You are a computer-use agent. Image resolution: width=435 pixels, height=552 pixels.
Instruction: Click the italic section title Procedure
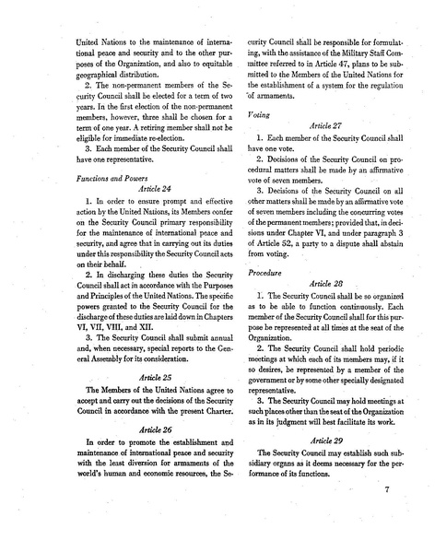click(266, 248)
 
